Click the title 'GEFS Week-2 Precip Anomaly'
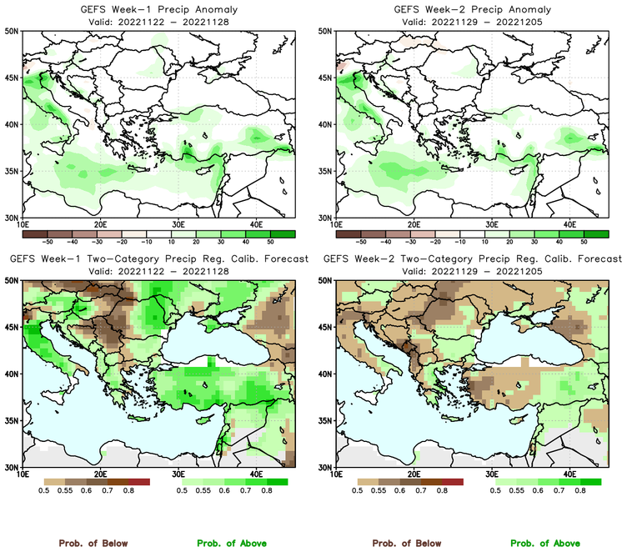(x=471, y=8)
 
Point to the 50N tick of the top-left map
(x=12, y=32)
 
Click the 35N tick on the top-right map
(x=325, y=171)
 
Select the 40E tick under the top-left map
(x=256, y=224)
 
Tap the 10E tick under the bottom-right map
(x=336, y=474)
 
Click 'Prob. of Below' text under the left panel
(x=93, y=543)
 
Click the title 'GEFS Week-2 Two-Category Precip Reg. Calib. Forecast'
(x=471, y=258)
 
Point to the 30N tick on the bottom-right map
(x=325, y=466)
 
